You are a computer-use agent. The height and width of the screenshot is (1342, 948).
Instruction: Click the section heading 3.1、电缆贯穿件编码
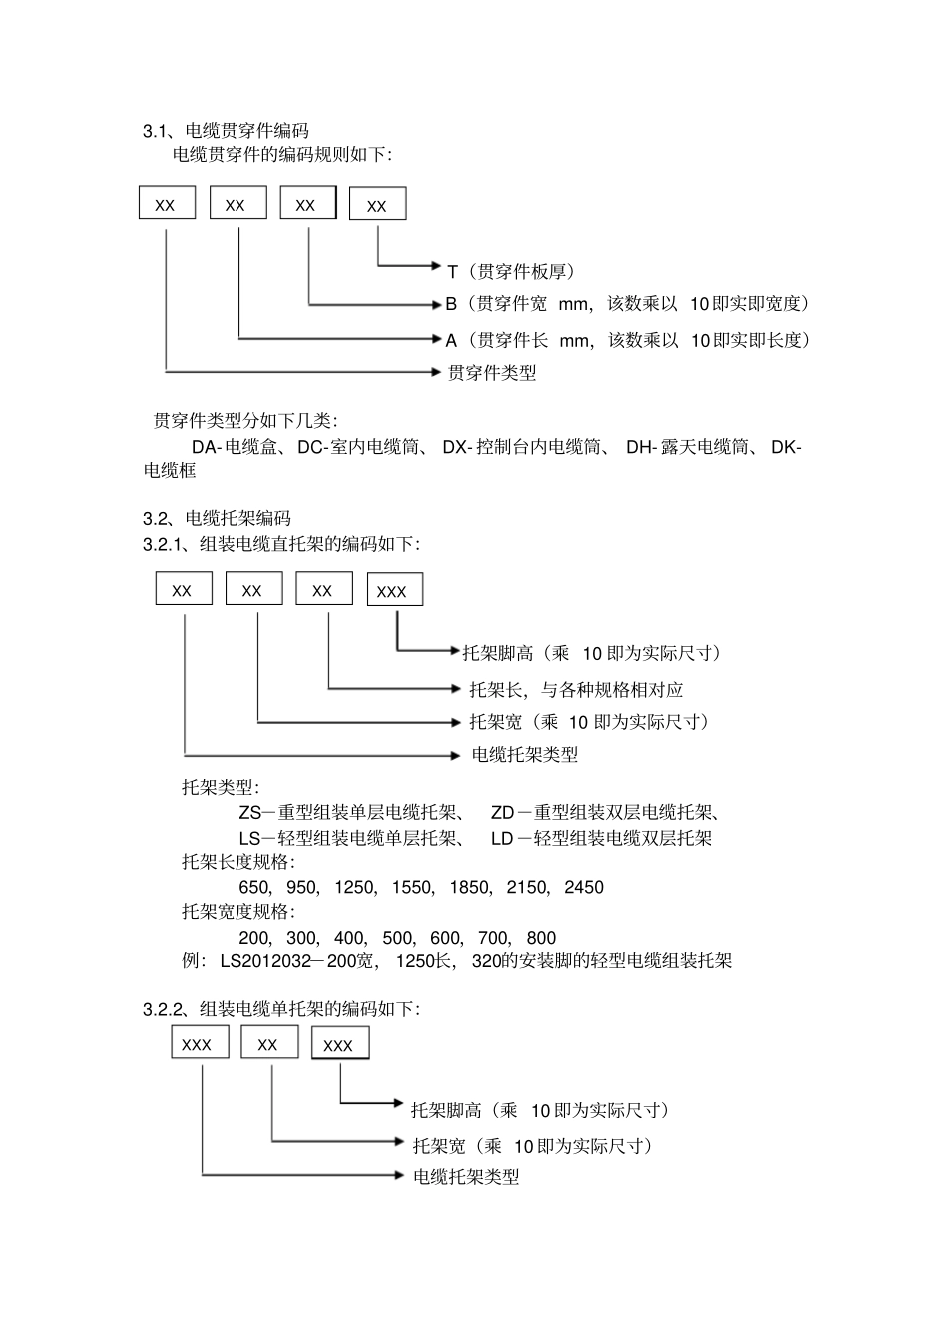point(226,131)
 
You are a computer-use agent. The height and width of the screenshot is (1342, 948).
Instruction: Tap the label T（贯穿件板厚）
point(510,271)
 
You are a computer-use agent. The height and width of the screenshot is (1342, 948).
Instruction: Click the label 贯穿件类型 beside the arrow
point(491,373)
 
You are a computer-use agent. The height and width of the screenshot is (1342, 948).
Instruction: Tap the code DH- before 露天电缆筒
point(641,447)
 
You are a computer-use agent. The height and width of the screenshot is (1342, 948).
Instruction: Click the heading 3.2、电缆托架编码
point(217,519)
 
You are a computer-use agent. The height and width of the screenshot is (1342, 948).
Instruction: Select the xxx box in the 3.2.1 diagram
point(394,590)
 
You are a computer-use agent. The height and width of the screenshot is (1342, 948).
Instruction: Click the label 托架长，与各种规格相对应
point(576,689)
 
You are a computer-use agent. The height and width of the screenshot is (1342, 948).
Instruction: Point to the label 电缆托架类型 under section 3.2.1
point(524,755)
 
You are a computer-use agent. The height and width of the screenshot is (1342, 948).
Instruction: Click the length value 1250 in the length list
point(354,887)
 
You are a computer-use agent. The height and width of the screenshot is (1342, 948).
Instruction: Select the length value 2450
point(583,887)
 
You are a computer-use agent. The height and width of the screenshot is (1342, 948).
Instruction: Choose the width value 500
point(397,938)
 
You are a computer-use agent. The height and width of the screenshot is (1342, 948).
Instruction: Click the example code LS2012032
point(263,962)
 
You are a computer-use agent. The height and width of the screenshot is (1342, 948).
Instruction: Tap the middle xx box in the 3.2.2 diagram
point(268,1043)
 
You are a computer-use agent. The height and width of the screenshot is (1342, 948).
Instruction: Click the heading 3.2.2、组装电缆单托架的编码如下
point(280,1009)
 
